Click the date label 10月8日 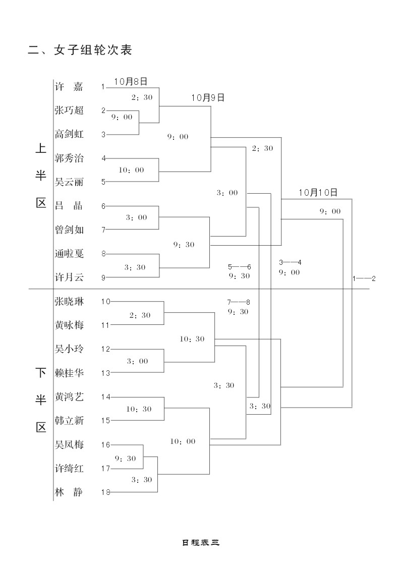[131, 81]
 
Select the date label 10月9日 [207, 97]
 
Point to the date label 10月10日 [318, 192]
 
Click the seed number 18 [105, 493]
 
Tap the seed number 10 [105, 302]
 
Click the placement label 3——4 [290, 262]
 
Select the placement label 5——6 [239, 266]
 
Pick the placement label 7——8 [239, 302]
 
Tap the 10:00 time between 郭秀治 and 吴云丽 [131, 170]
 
